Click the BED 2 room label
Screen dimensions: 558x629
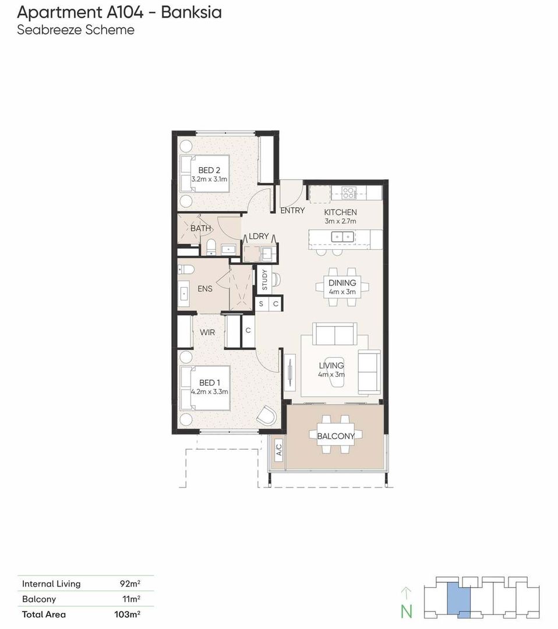[209, 170]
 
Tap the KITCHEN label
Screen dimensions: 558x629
[340, 212]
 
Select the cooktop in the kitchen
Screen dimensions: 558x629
[348, 193]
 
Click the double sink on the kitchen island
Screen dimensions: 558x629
[342, 236]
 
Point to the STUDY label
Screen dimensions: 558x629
[264, 280]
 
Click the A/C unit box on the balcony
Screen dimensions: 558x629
[279, 450]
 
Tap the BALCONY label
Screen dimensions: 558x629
[335, 436]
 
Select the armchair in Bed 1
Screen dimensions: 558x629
[267, 416]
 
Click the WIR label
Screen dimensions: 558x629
[207, 332]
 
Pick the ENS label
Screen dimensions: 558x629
[205, 288]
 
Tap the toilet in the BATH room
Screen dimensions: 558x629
[211, 247]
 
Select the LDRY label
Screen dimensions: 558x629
[259, 236]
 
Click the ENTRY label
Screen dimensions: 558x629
[292, 210]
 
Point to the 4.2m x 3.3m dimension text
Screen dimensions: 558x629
[210, 391]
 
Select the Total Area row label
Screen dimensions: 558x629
[44, 614]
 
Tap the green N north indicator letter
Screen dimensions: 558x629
[407, 612]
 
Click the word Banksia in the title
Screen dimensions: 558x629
[192, 12]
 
